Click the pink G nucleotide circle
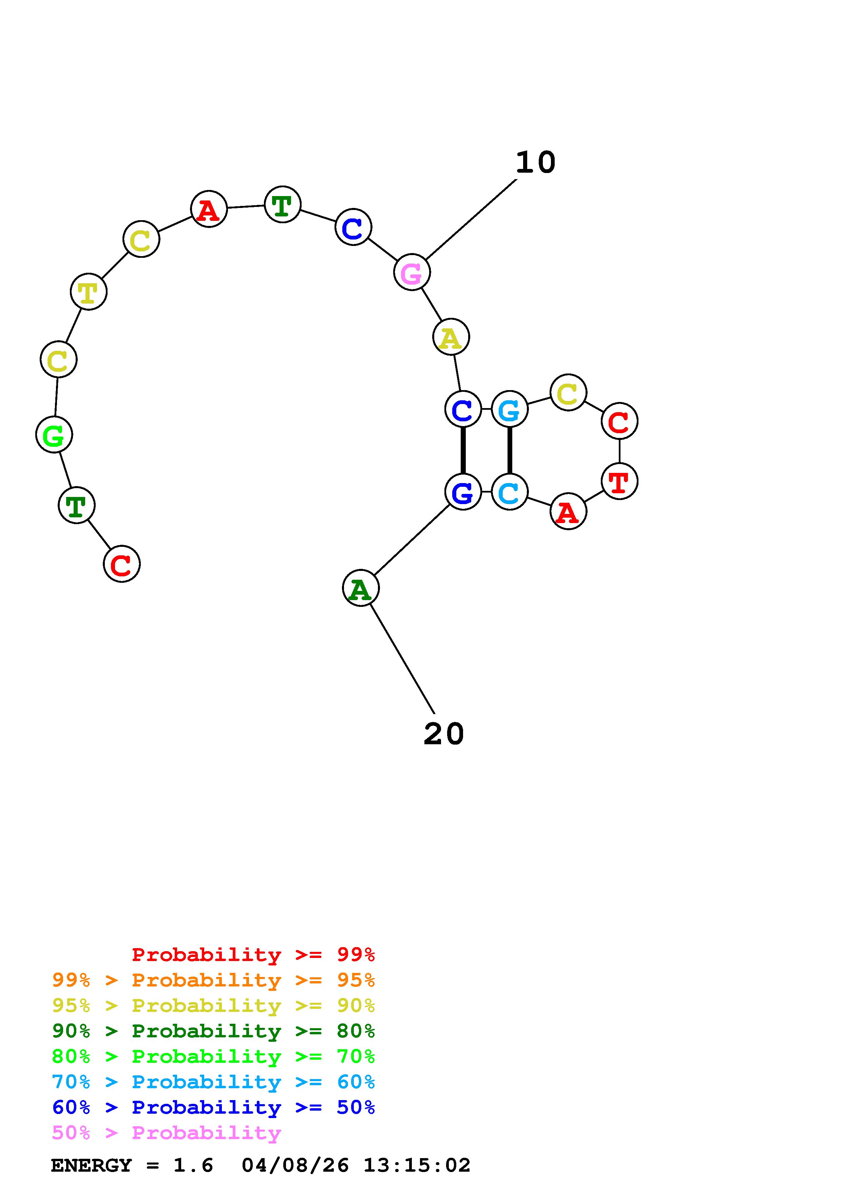(x=412, y=272)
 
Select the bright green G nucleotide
(x=54, y=434)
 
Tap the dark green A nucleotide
(x=361, y=588)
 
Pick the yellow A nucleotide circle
(x=451, y=337)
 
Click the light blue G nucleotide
(x=509, y=409)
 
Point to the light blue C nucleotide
(x=509, y=491)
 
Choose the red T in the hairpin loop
(x=619, y=481)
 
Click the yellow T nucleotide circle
(x=89, y=291)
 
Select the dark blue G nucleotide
(x=463, y=491)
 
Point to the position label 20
(x=443, y=734)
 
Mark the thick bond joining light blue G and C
(x=509, y=450)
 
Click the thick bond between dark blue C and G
(x=463, y=450)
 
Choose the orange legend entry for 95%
(x=213, y=980)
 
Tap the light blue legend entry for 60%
(x=213, y=1082)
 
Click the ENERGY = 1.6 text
(x=132, y=1166)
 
